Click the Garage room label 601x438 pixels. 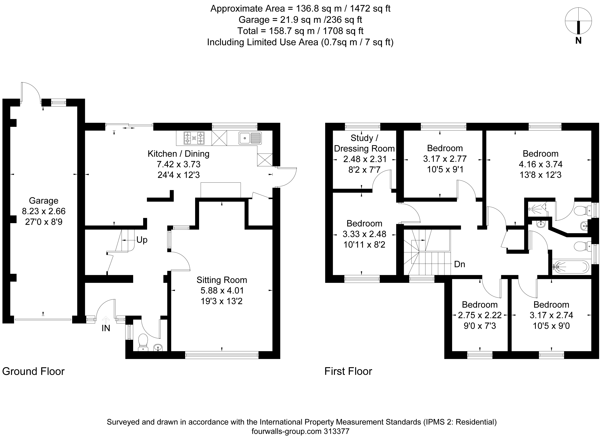tap(44, 201)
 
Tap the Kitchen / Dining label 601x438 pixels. tap(178, 154)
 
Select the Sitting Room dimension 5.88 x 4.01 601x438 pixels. tap(222, 291)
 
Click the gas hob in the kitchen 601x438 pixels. tap(194, 138)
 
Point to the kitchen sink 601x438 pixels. tap(250, 138)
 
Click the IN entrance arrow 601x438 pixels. tap(106, 320)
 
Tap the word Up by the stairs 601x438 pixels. tap(142, 240)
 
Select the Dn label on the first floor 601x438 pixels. tap(460, 264)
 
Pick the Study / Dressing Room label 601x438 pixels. tap(364, 143)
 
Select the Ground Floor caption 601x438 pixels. tap(33, 371)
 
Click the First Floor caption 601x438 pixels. tap(348, 371)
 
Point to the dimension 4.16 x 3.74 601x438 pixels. tap(541, 164)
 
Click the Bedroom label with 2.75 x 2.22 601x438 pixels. tap(480, 305)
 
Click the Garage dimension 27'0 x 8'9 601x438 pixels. tap(44, 222)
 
